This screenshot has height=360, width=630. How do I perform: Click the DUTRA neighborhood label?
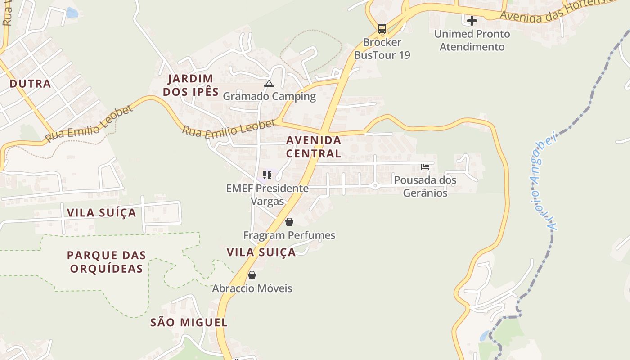pos(30,84)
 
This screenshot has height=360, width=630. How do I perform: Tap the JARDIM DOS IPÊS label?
pos(191,85)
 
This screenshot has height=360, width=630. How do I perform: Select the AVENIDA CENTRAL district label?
pos(314,147)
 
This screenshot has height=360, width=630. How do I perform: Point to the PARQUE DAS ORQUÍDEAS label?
pos(107,262)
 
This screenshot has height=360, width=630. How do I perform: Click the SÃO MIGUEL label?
pos(189,322)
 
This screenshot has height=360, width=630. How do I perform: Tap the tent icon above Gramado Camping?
pos(269,83)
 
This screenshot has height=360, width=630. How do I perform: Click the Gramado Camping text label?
pos(269,96)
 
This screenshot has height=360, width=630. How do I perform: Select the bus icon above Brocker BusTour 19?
pos(382,29)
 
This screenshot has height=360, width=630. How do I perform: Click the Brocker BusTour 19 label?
pos(382,49)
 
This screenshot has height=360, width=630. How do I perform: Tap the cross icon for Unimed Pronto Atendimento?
pos(472,21)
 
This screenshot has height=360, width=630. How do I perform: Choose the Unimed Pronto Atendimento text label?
pos(472,40)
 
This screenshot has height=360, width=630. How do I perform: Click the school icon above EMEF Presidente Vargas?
pos(267,175)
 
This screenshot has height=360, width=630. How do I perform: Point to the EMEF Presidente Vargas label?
pos(267,194)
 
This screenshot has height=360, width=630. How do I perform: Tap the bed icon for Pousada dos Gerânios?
pos(425,167)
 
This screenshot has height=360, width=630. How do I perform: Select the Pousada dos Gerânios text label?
pos(425,186)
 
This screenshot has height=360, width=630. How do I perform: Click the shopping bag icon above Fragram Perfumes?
pos(289,222)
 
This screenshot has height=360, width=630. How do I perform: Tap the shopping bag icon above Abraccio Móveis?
pos(252,275)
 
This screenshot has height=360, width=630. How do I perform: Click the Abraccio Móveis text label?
pos(252,288)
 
